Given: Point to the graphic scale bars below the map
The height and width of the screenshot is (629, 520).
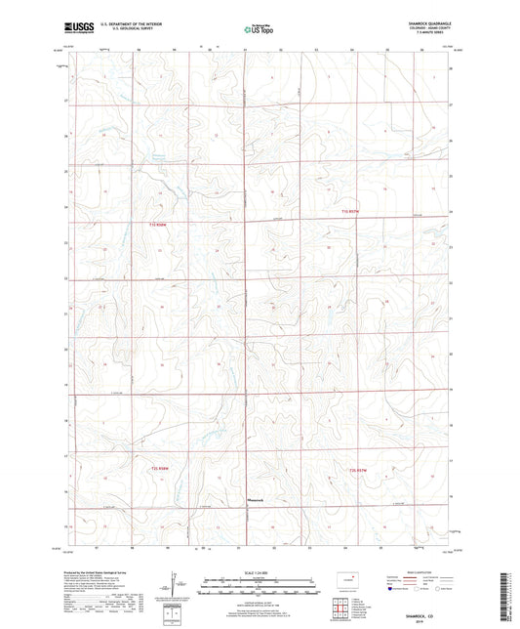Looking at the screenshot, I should [x=259, y=589].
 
